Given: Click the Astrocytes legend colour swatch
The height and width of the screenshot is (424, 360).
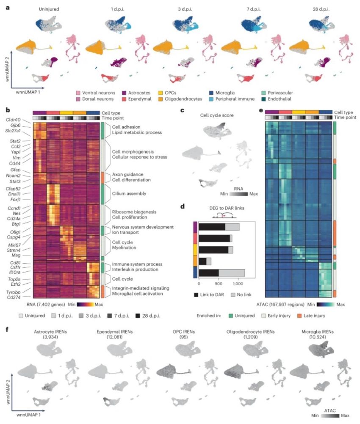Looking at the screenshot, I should [126, 92].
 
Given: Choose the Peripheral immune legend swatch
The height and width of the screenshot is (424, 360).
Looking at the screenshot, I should [212, 99].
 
